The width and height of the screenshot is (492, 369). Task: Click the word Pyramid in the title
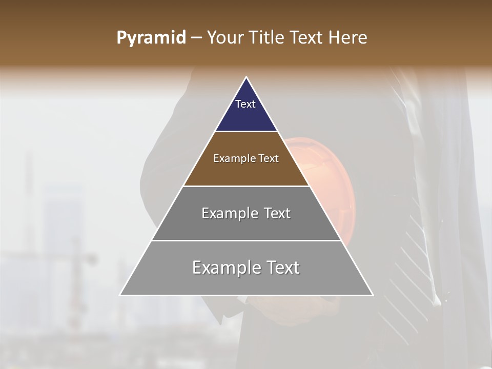click(151, 38)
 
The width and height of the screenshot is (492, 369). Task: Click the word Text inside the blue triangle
click(245, 104)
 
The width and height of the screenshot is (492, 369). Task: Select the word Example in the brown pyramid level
click(232, 159)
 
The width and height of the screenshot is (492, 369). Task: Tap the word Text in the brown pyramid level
click(268, 159)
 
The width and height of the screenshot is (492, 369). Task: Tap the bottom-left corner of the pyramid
click(121, 295)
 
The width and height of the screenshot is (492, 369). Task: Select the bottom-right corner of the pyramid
click(372, 295)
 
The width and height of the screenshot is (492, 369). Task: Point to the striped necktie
click(410, 246)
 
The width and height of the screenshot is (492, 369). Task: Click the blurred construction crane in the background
click(77, 266)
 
